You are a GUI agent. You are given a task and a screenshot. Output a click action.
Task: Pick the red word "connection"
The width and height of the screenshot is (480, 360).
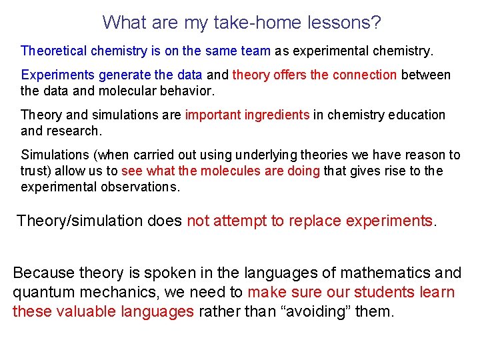[x=364, y=75]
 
